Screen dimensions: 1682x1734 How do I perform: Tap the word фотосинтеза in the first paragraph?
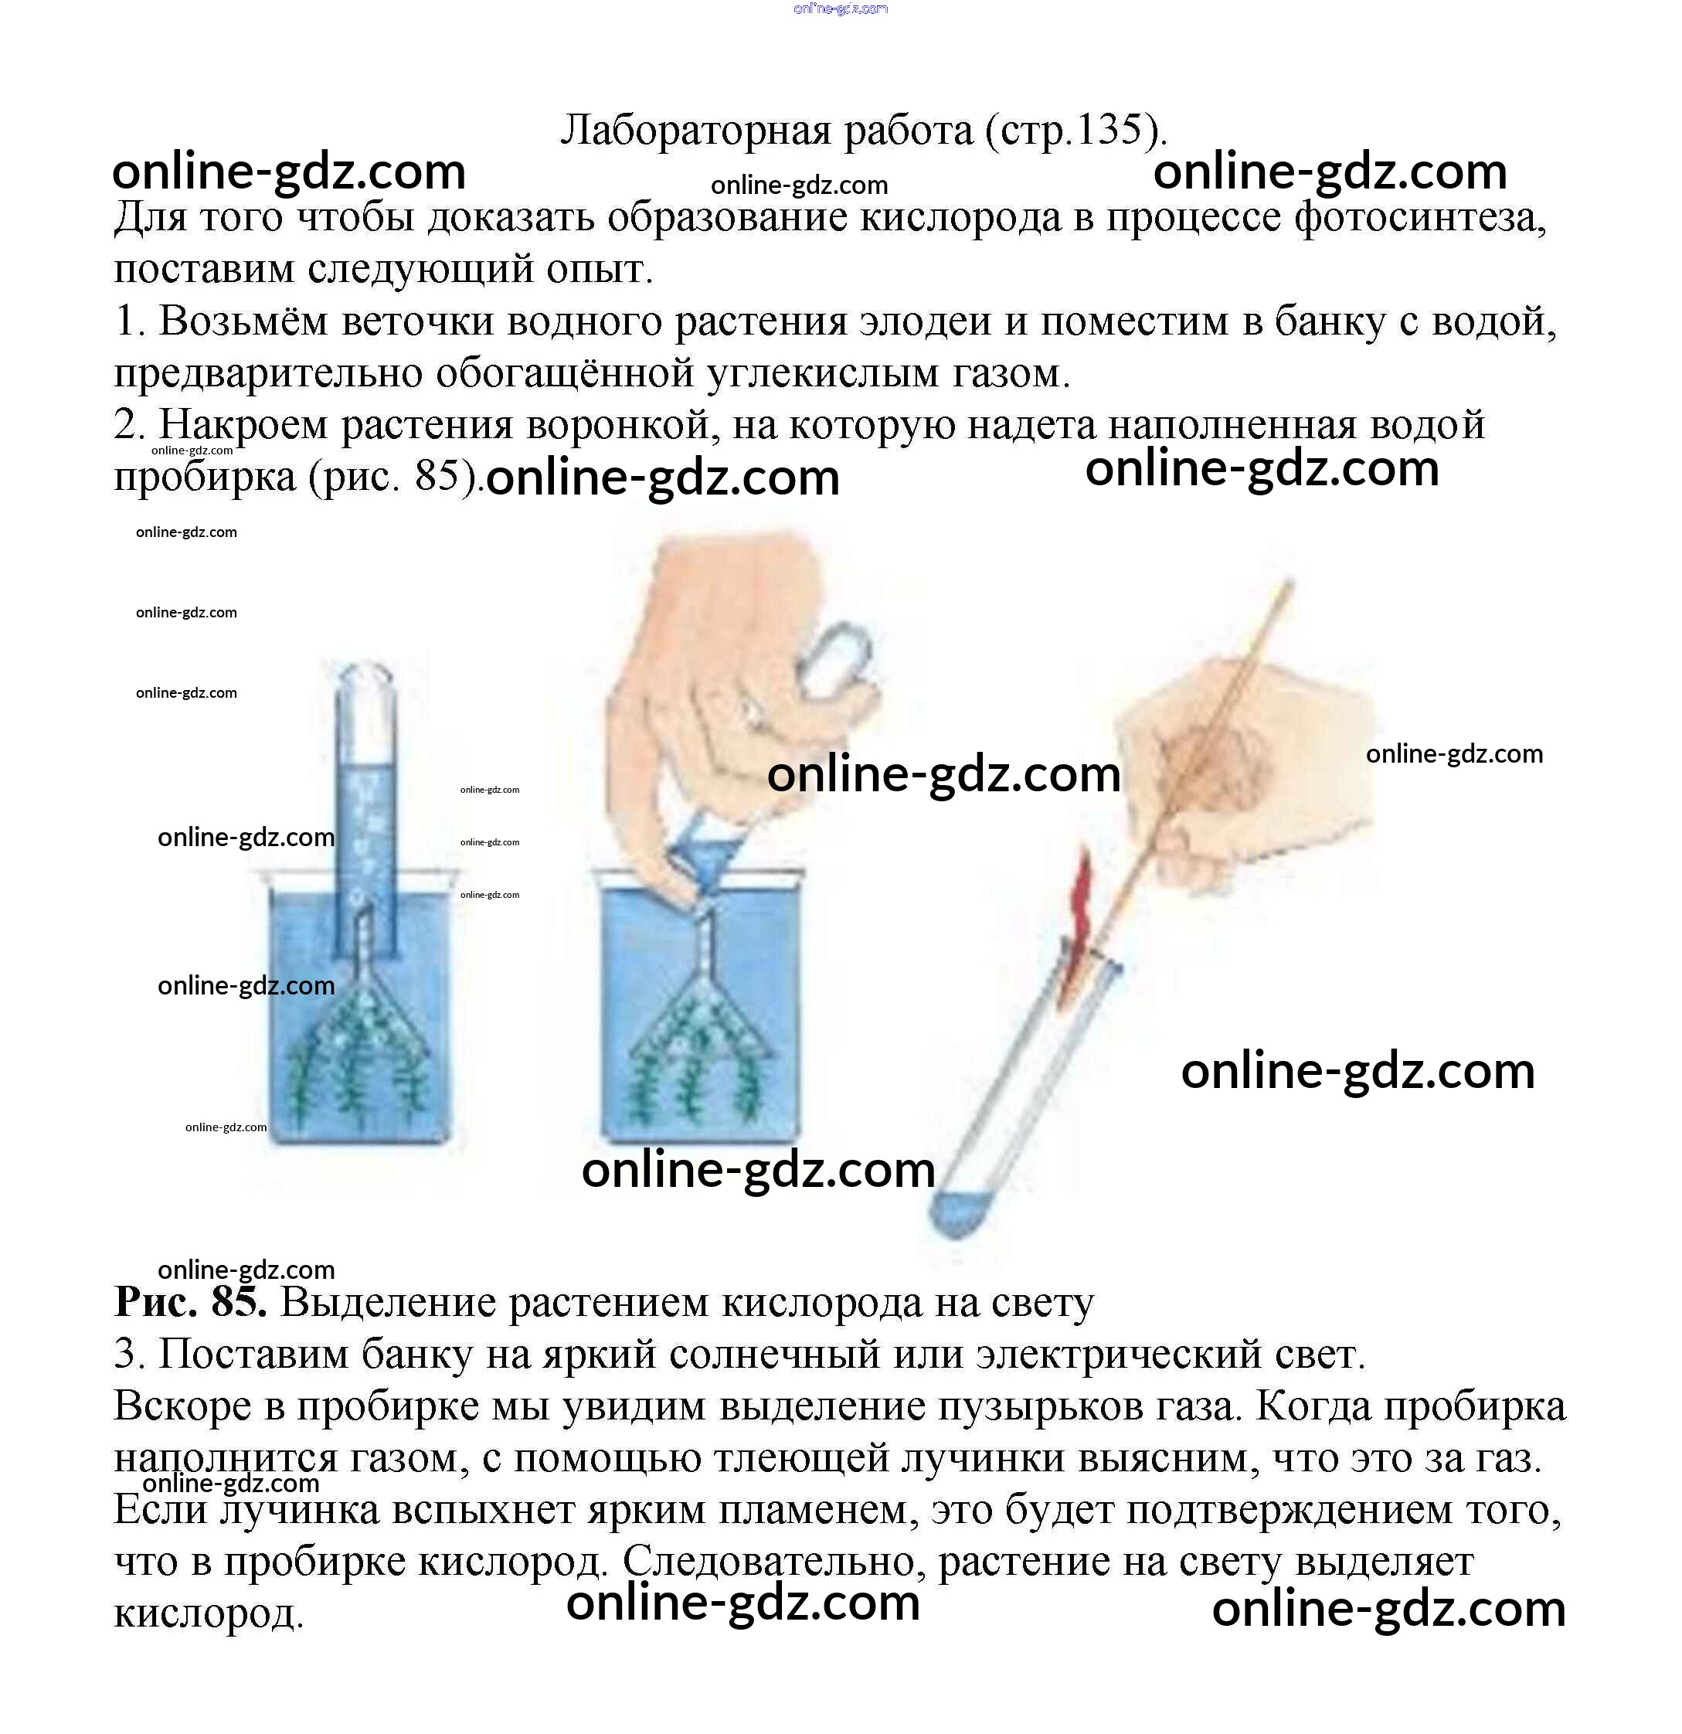pyautogui.click(x=1420, y=218)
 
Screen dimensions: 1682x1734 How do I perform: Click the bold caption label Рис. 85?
pyautogui.click(x=190, y=1301)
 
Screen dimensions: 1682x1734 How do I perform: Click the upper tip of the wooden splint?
pyautogui.click(x=1290, y=582)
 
